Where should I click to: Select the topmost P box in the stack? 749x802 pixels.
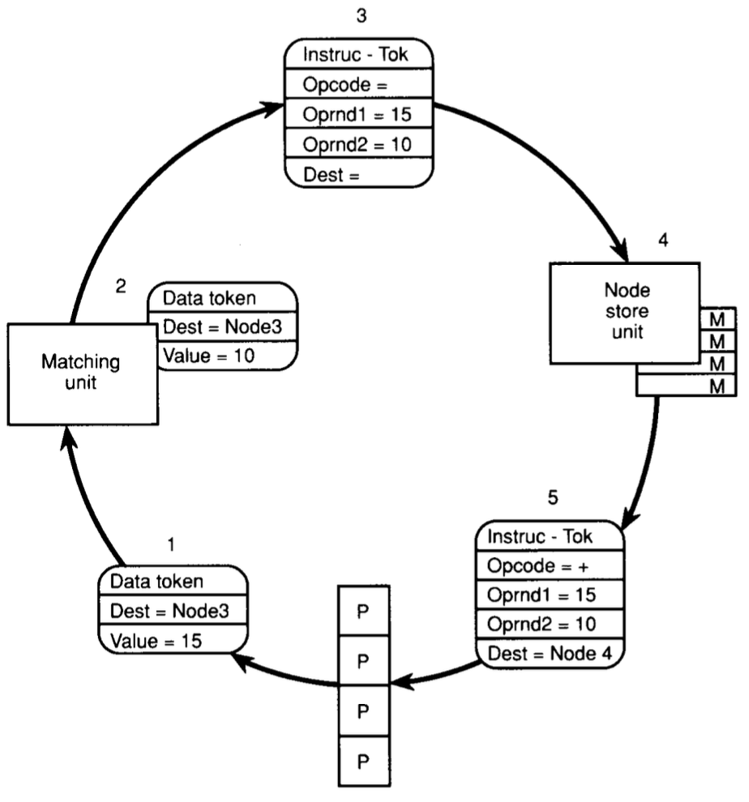pyautogui.click(x=363, y=611)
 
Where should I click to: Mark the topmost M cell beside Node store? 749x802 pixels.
pyautogui.click(x=717, y=317)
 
